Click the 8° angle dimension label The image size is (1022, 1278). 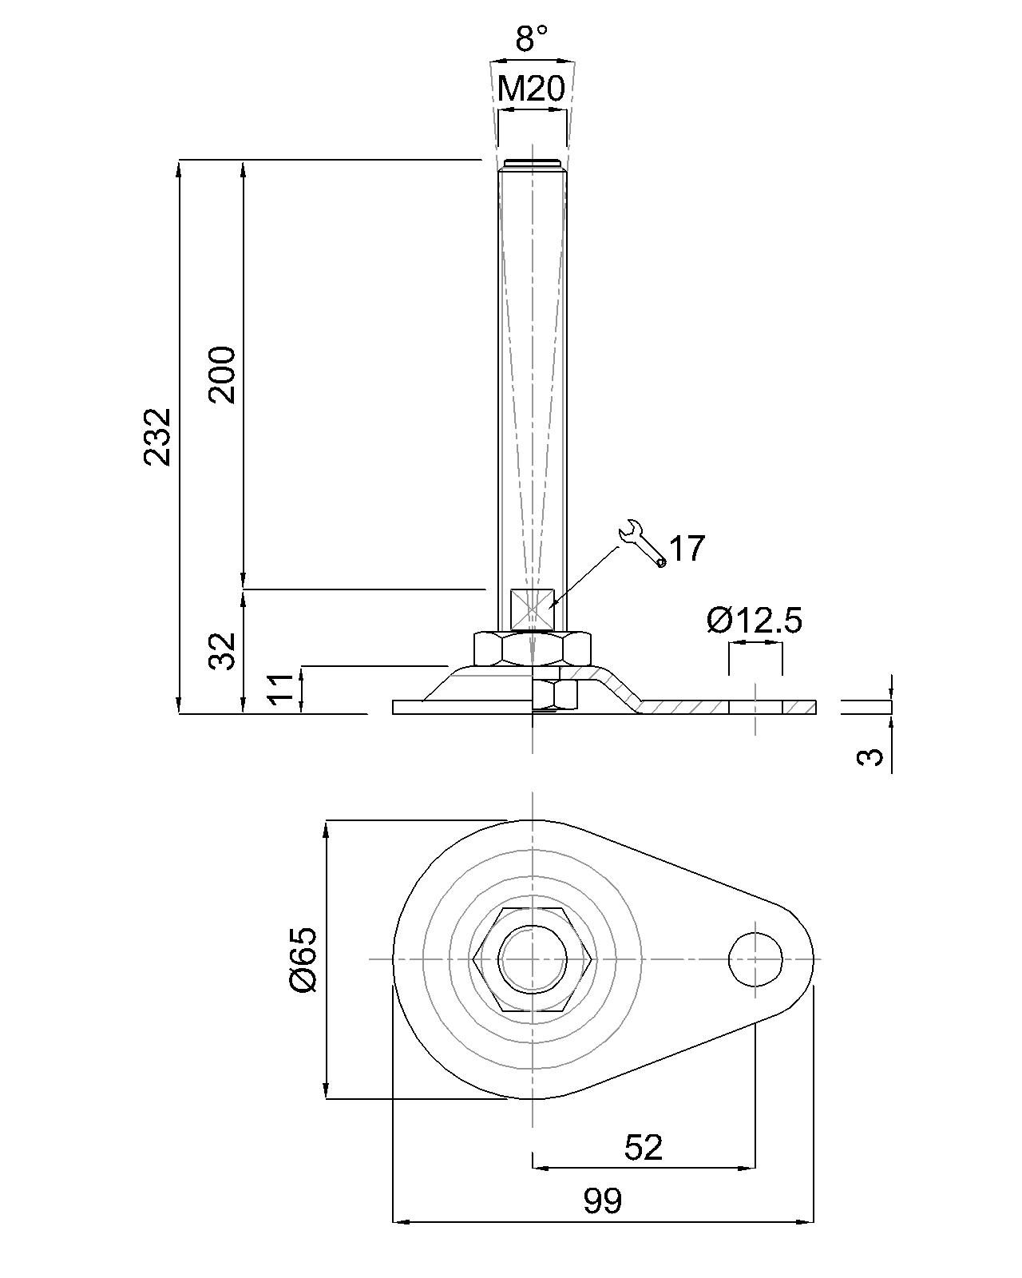point(531,38)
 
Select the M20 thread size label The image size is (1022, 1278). point(531,89)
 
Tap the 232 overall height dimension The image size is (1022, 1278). point(157,436)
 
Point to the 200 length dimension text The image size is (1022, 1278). point(223,375)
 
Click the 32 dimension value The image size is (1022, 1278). point(223,651)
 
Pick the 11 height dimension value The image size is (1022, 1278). point(280,689)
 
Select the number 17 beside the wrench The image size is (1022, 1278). point(687,550)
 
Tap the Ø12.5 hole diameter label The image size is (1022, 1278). point(754,621)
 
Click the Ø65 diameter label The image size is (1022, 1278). point(304,959)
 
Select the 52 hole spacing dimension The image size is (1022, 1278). point(644,1147)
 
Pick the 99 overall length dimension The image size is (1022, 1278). point(602,1201)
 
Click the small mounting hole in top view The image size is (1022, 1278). point(755,958)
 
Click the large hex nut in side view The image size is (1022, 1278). point(533,648)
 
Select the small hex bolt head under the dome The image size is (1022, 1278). point(555,695)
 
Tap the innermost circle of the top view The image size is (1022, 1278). point(533,959)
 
